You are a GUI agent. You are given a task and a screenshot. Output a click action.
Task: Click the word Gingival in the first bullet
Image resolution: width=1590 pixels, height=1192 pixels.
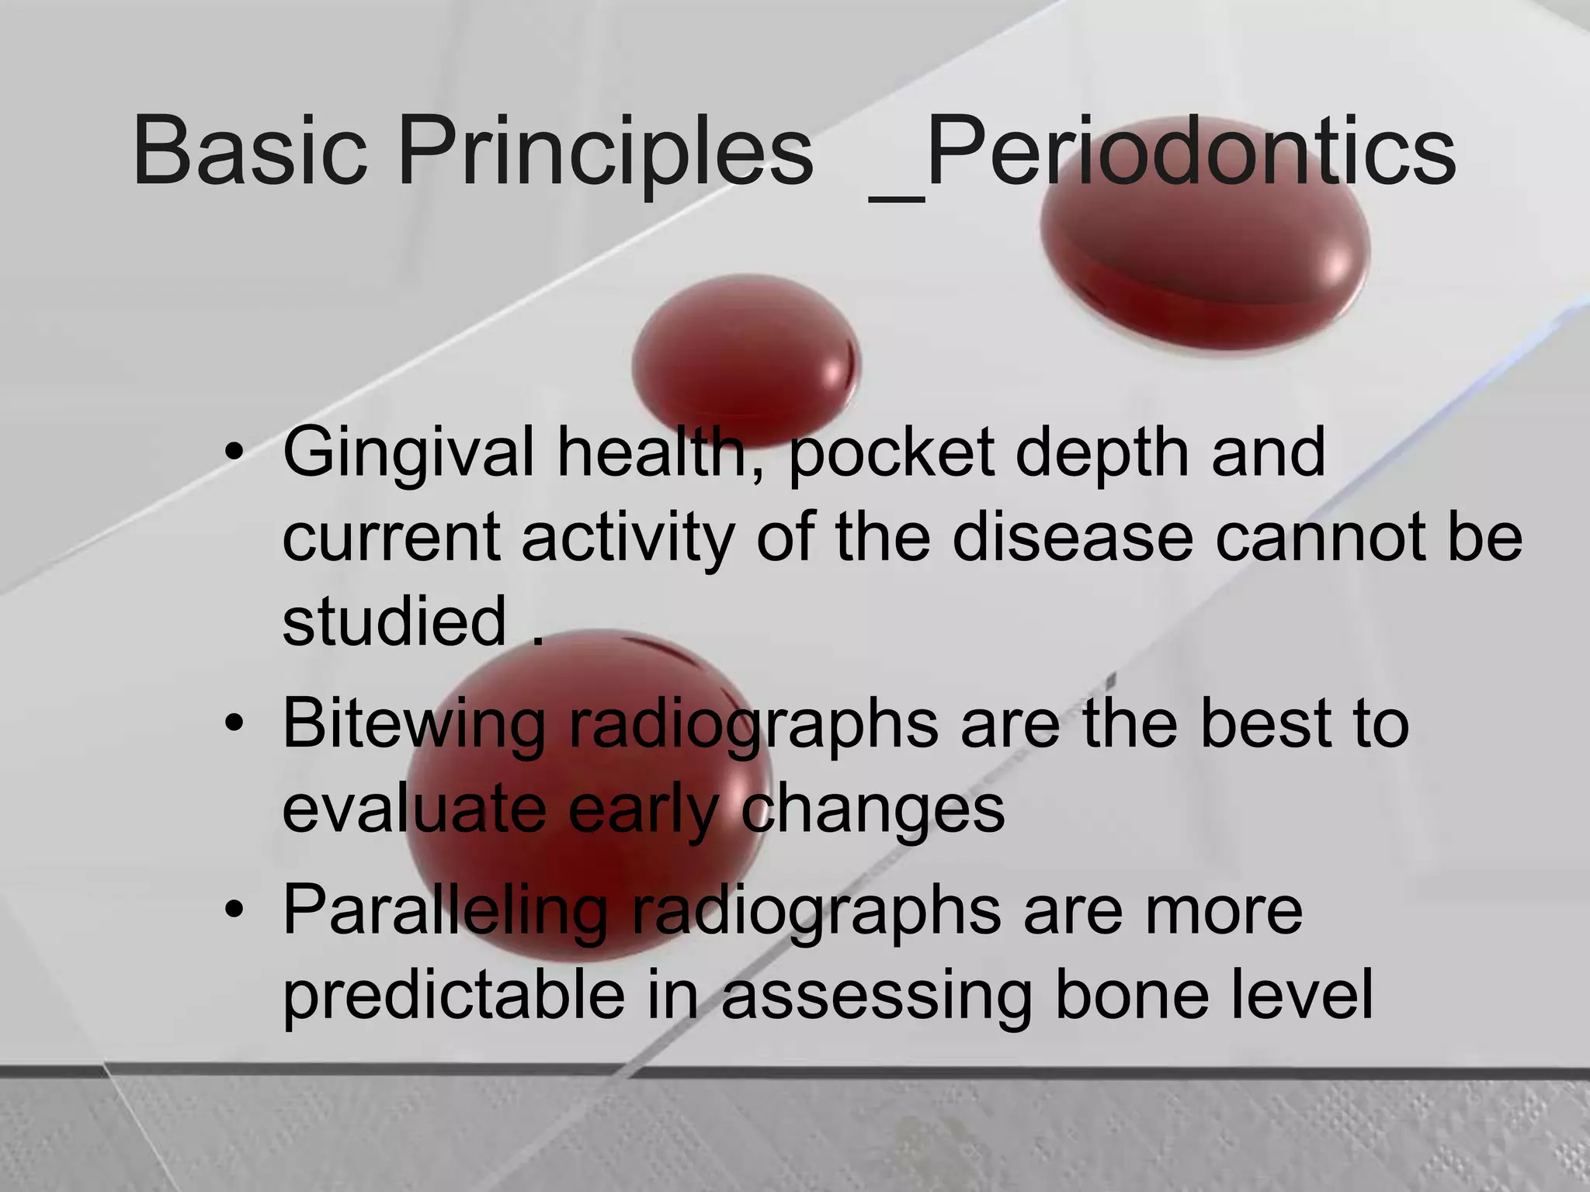tap(408, 454)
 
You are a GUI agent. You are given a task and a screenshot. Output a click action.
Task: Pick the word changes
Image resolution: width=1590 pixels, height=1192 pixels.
tap(873, 809)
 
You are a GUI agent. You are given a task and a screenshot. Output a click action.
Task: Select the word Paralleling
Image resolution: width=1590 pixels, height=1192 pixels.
tap(444, 910)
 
